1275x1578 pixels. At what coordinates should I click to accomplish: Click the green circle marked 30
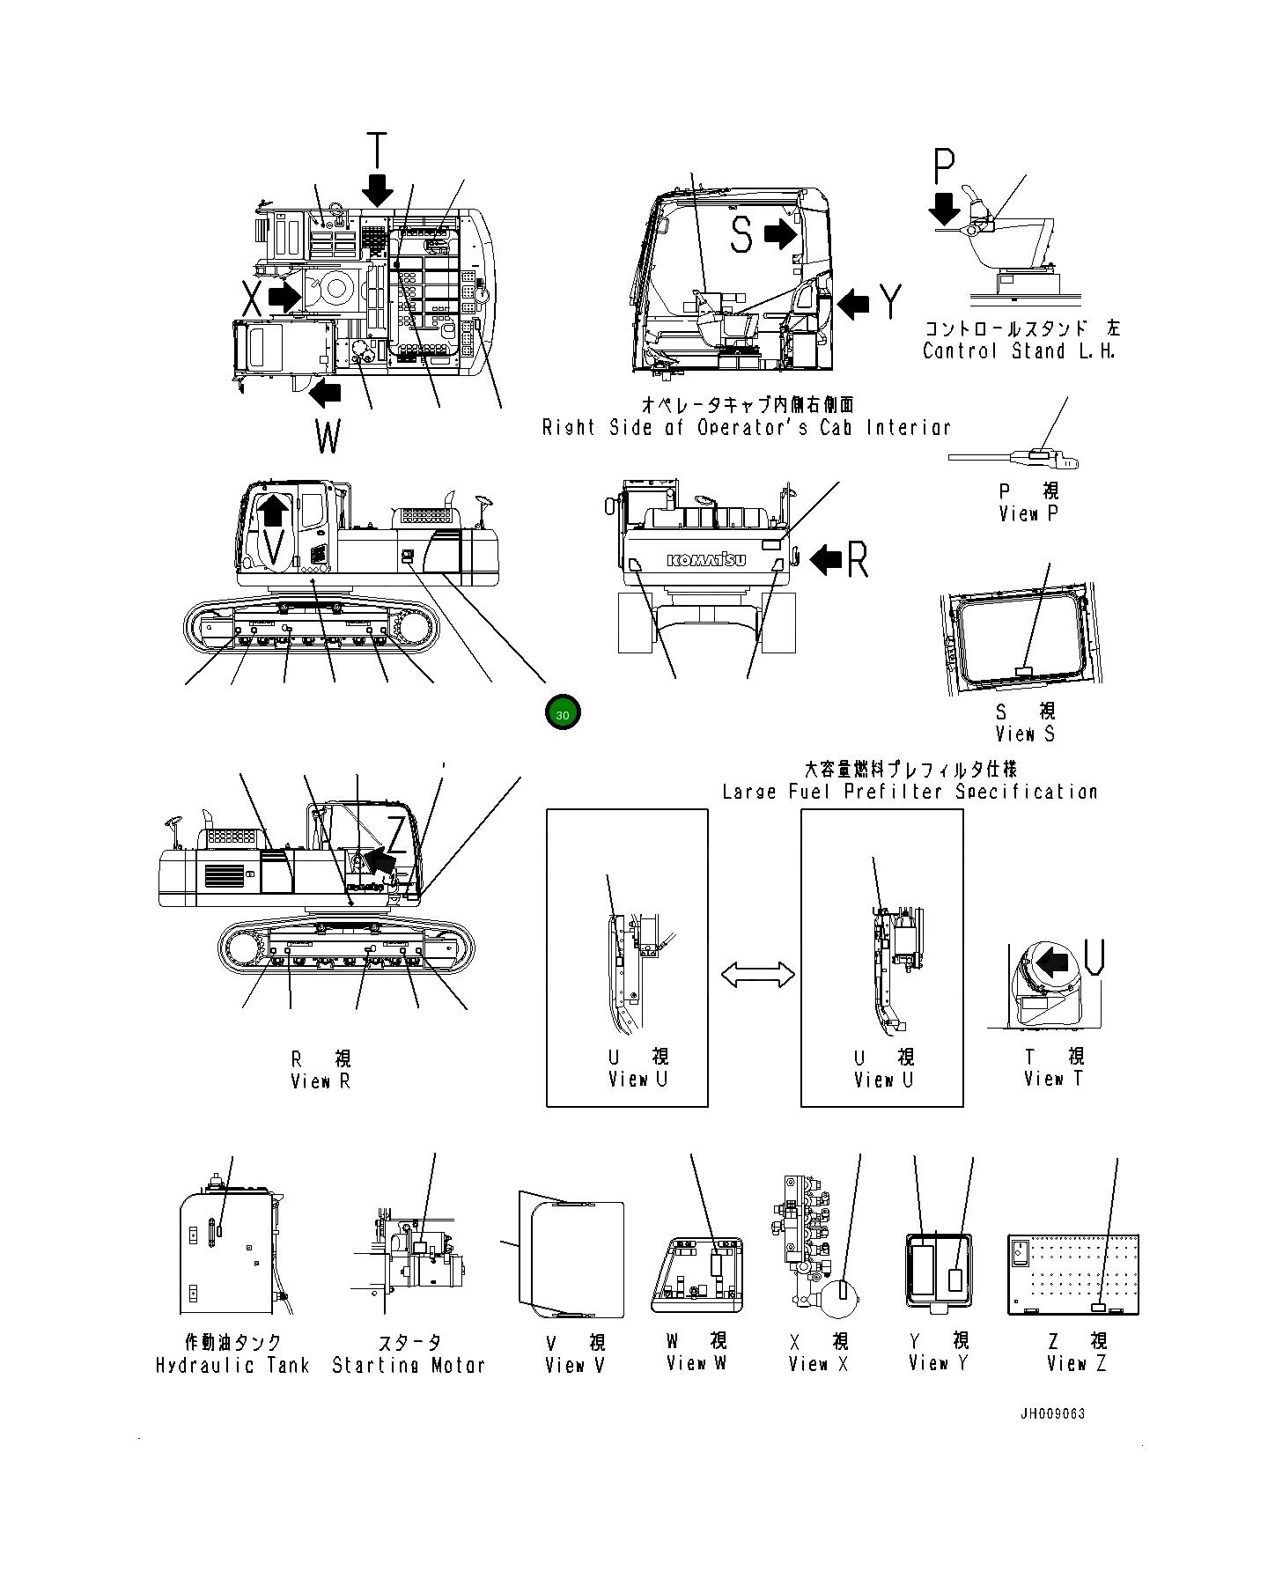[x=563, y=713]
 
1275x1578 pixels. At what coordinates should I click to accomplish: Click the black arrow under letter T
[x=378, y=188]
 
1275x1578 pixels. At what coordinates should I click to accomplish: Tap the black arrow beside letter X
[x=284, y=296]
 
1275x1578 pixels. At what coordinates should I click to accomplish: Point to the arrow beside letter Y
[x=852, y=304]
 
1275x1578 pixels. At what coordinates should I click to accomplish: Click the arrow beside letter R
[x=825, y=559]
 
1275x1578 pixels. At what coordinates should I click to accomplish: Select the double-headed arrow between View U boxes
[x=757, y=975]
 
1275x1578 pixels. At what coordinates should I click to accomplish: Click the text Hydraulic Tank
[x=232, y=1366]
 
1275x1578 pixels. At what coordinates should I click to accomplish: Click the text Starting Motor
[x=409, y=1366]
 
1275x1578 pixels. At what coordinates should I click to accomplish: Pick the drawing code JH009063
[x=1052, y=1414]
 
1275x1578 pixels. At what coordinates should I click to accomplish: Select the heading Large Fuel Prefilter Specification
[x=910, y=792]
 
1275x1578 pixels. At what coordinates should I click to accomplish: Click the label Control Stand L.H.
[x=1019, y=351]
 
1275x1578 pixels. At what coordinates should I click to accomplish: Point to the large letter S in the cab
[x=741, y=235]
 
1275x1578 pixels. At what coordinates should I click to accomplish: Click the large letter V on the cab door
[x=275, y=548]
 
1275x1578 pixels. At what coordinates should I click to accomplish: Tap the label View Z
[x=1076, y=1364]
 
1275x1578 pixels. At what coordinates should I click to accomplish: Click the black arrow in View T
[x=1052, y=962]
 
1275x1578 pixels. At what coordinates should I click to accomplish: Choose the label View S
[x=1024, y=734]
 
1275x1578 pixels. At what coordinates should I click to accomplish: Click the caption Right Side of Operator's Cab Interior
[x=746, y=428]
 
